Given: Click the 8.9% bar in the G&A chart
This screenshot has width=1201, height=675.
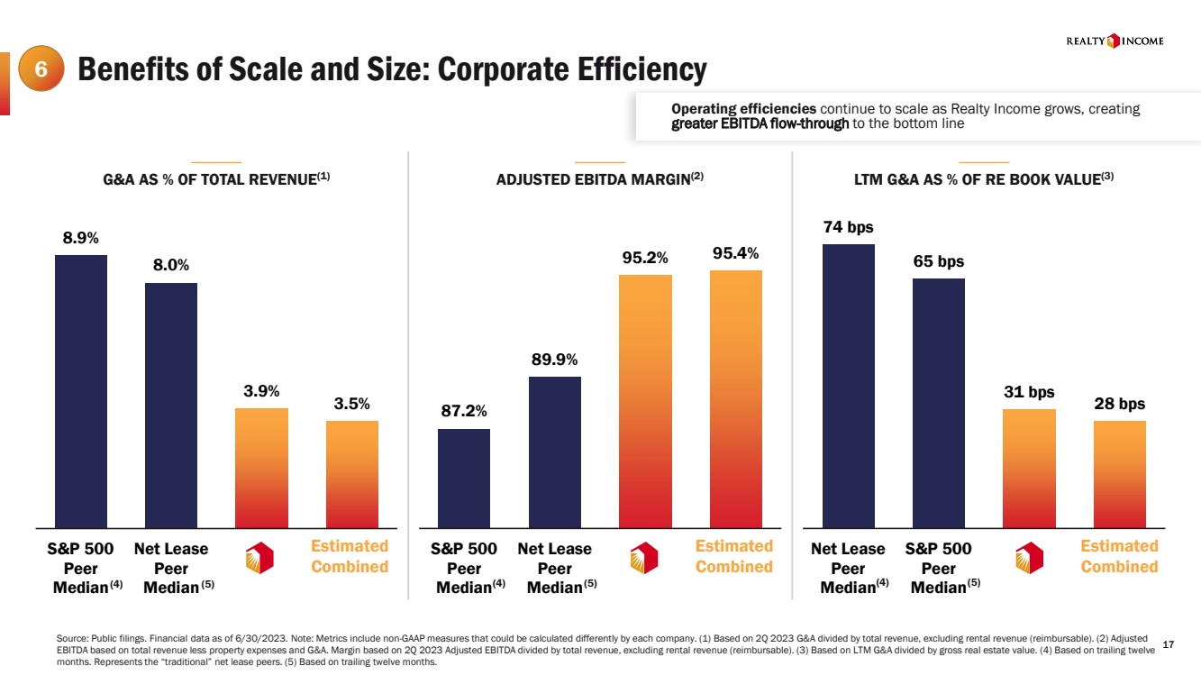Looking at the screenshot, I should [81, 391].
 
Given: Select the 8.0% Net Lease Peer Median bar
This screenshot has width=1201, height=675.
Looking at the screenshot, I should [171, 405].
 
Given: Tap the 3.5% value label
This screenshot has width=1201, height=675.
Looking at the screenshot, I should [352, 404].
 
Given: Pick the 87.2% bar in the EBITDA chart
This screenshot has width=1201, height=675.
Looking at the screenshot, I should [464, 478].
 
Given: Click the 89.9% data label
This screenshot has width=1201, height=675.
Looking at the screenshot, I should [554, 360].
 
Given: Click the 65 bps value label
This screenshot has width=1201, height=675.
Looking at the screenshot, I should [939, 262].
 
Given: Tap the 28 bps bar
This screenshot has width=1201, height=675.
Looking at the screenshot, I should [1120, 474].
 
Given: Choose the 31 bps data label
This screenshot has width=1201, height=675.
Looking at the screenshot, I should [1030, 392].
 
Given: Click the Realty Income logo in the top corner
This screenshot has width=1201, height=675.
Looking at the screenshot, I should [1115, 41].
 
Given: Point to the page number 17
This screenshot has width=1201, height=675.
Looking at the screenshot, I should [1169, 643].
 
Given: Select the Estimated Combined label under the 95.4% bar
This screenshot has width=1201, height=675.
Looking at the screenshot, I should [734, 556].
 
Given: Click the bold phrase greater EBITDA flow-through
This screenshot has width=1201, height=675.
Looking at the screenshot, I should [760, 124].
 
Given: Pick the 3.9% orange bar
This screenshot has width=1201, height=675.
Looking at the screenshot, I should [262, 468].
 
